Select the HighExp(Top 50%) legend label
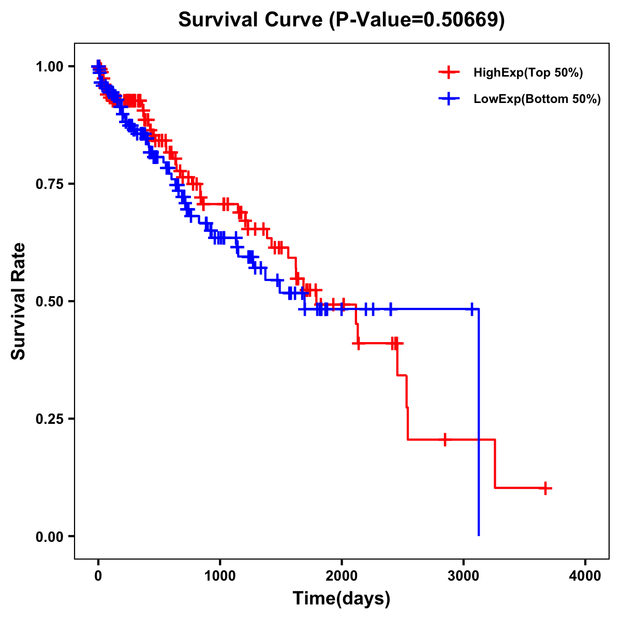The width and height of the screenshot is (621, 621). click(528, 73)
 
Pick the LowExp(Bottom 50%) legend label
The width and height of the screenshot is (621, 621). click(537, 99)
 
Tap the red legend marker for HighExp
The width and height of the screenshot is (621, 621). click(449, 72)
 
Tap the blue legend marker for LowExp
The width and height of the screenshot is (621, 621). click(449, 98)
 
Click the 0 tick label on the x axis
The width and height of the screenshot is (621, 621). click(98, 576)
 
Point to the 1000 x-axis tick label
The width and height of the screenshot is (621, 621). click(220, 576)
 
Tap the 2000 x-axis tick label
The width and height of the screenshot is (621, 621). click(342, 576)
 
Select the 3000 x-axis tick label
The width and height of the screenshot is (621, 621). click(464, 576)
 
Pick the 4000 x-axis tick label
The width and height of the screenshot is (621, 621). click(585, 576)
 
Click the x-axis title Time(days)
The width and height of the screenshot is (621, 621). click(342, 599)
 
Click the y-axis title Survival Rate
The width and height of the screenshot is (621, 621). click(19, 301)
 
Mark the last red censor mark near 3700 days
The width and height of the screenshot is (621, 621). click(545, 488)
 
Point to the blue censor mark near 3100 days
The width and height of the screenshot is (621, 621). click(471, 309)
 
